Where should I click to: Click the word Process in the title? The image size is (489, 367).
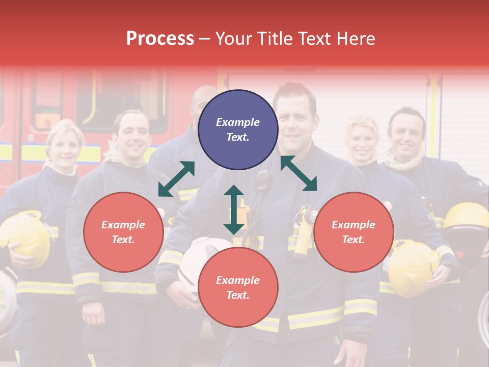click(x=160, y=39)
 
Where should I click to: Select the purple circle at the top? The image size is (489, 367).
click(x=238, y=129)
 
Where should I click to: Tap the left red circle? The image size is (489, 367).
click(x=123, y=232)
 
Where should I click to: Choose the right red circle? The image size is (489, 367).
click(x=354, y=232)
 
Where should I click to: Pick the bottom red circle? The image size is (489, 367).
click(x=238, y=287)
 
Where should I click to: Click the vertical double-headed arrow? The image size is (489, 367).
click(x=234, y=209)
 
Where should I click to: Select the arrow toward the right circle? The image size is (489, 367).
click(x=298, y=173)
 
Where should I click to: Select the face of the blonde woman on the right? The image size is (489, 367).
click(x=362, y=140)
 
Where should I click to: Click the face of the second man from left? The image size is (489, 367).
click(x=132, y=135)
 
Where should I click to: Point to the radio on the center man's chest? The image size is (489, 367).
click(x=262, y=179)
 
